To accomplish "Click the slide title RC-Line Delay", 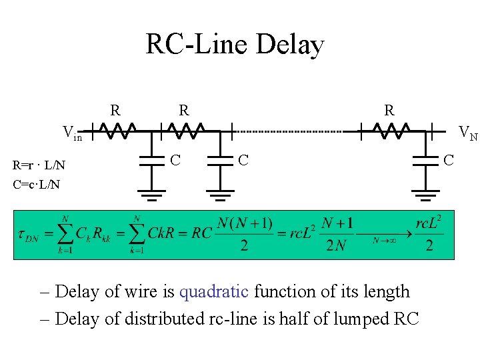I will point(235,45).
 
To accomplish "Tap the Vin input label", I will point(71,133).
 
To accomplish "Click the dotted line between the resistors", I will point(293,131).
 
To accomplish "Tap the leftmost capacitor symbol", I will point(152,160).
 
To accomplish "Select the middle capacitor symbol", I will point(219,160).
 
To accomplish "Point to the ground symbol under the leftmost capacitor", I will point(152,195).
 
